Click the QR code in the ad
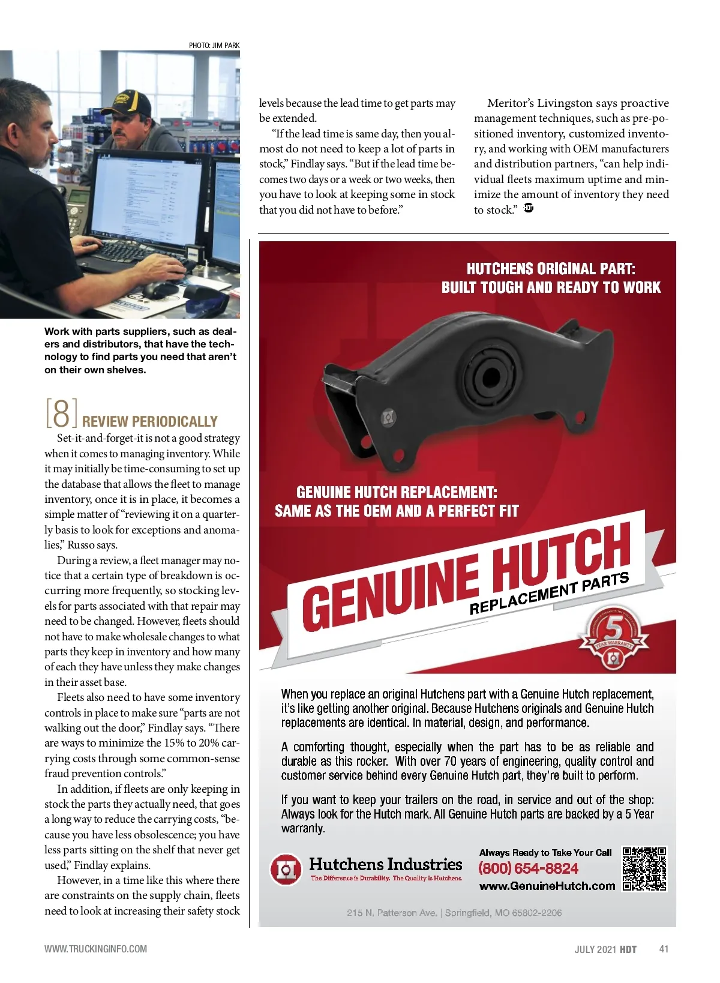[x=644, y=868]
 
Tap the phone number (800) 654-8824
[x=528, y=868]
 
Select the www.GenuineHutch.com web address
[x=547, y=886]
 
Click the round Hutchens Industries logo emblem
[x=286, y=869]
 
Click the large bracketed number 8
[x=61, y=412]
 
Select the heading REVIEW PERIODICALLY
[x=149, y=421]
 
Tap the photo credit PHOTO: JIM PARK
[x=214, y=45]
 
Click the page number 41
[x=664, y=949]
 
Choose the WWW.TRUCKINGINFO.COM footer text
[x=95, y=949]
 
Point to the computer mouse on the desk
[x=157, y=290]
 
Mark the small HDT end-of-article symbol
[x=529, y=208]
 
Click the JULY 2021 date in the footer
[x=595, y=949]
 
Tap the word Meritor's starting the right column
[x=510, y=103]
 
